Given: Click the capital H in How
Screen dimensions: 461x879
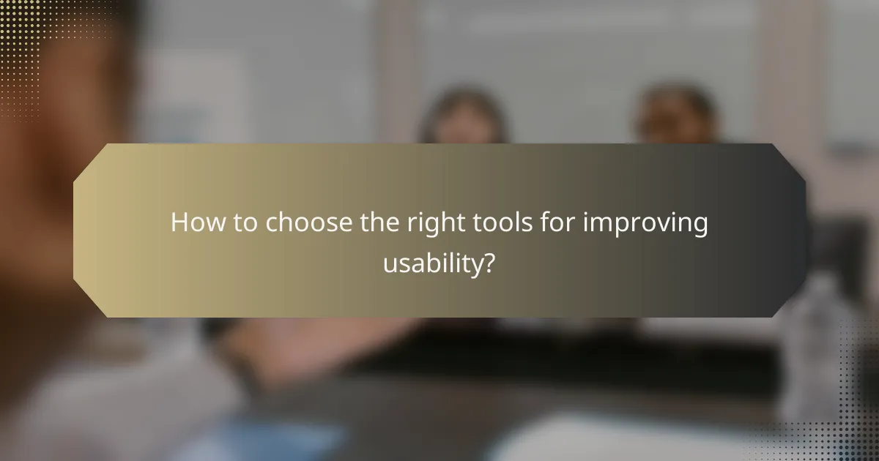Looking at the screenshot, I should pos(179,223).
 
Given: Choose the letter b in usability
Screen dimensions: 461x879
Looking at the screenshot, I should pos(436,262).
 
